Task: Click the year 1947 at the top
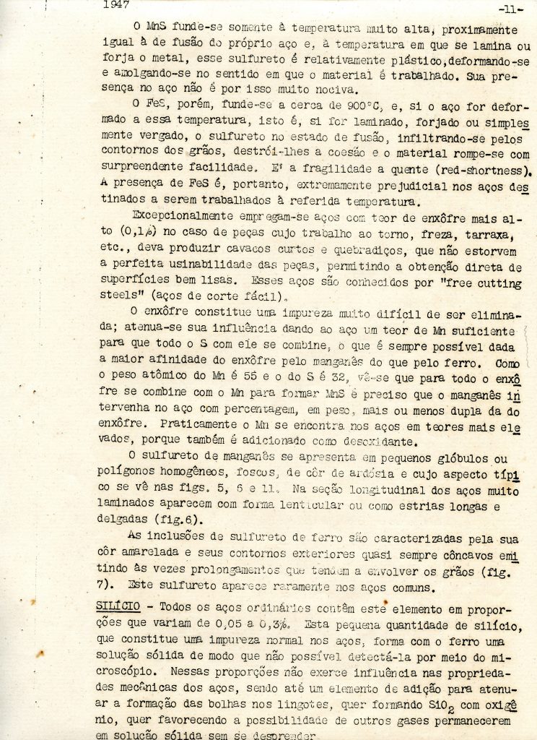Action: point(116,5)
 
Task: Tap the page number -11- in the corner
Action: point(510,9)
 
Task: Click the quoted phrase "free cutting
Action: point(480,283)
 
